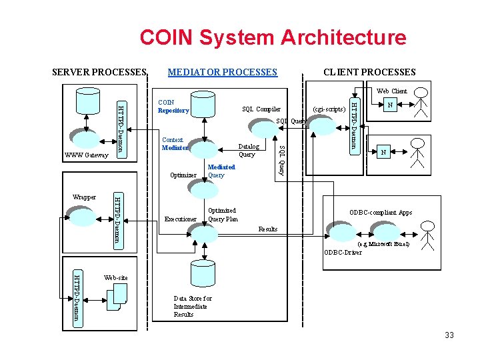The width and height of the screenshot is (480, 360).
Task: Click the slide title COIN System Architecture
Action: [x=273, y=37]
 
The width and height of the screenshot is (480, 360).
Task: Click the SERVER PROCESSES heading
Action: [x=99, y=72]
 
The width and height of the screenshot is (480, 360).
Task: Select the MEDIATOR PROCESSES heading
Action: [x=222, y=72]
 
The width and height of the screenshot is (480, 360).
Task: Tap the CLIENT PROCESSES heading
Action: [x=369, y=72]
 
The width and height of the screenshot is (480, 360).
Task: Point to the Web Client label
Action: [x=391, y=91]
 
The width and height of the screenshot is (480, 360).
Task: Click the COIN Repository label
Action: [x=173, y=107]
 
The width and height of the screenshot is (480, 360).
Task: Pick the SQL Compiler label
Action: [x=261, y=109]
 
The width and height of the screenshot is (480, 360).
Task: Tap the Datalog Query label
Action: [x=248, y=151]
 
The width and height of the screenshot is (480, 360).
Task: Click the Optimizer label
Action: [x=183, y=175]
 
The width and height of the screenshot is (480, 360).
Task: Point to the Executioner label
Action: [x=181, y=219]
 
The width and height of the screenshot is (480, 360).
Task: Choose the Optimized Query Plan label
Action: [x=223, y=215]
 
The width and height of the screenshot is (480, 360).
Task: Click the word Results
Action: [x=267, y=229]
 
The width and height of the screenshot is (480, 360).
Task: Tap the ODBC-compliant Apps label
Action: [x=381, y=213]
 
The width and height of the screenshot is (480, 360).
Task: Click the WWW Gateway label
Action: [x=87, y=155]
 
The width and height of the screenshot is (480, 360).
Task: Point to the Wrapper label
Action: [x=84, y=197]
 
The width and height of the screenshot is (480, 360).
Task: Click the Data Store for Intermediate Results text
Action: [x=192, y=307]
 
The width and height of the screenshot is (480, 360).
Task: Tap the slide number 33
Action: [x=449, y=335]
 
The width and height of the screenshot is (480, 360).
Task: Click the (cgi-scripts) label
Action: [x=329, y=109]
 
